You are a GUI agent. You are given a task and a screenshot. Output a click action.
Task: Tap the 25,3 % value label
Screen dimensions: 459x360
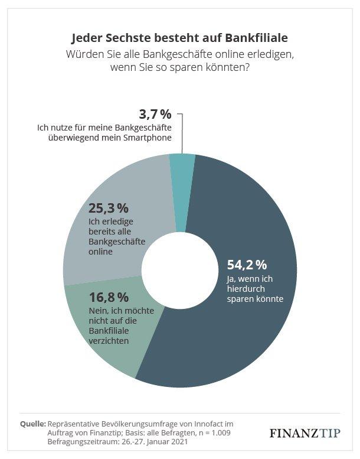[x=109, y=208]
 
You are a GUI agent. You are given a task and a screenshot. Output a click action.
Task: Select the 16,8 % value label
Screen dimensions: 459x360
[x=109, y=297]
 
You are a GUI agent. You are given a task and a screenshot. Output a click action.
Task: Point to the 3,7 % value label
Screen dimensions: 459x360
[x=155, y=113]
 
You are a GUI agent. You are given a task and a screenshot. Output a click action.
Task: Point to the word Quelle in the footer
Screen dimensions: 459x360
[x=33, y=424]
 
